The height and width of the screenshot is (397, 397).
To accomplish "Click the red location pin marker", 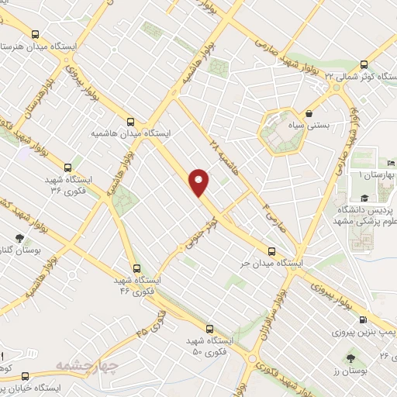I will click(x=200, y=182).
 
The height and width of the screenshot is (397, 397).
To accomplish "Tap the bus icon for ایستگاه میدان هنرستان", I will click(x=35, y=35).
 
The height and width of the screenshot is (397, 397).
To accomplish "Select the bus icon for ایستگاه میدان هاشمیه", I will click(x=130, y=121).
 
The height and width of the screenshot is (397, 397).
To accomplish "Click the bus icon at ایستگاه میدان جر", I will click(x=271, y=251).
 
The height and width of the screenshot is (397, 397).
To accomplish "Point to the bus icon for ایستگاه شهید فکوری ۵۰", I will click(x=210, y=328).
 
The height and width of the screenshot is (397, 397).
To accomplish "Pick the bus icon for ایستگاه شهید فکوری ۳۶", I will click(x=68, y=167).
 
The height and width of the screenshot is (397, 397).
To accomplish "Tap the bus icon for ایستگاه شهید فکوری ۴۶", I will click(x=136, y=267).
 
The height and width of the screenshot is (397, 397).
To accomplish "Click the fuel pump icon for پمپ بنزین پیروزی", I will click(x=364, y=320).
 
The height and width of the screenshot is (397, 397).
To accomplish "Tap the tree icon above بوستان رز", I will click(x=350, y=358).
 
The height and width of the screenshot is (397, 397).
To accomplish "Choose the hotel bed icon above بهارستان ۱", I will click(x=390, y=164).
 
